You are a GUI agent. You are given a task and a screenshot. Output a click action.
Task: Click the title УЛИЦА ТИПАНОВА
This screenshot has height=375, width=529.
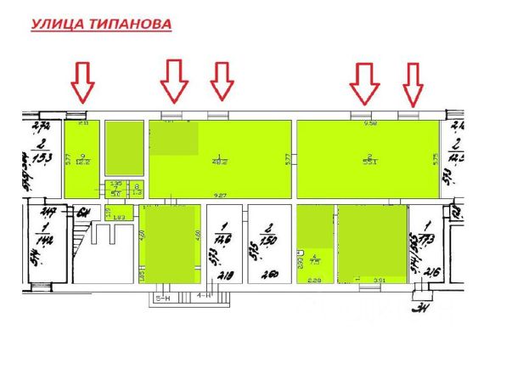click(x=101, y=25)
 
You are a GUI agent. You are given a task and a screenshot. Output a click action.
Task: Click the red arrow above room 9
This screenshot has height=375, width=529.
click(x=82, y=82)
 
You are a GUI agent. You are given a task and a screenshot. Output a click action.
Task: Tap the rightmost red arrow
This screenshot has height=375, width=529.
click(x=413, y=84)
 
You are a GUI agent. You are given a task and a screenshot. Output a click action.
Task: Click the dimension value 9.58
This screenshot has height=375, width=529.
click(x=369, y=124)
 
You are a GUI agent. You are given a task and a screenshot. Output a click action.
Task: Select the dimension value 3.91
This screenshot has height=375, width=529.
click(x=381, y=280)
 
